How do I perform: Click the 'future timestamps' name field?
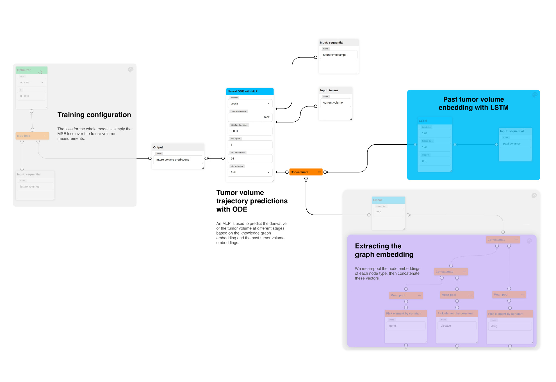338,55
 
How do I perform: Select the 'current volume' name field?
335,103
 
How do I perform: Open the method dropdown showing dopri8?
250,104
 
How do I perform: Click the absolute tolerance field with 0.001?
250,131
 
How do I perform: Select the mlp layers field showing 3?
250,145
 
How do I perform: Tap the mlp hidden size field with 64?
250,159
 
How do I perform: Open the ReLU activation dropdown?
250,172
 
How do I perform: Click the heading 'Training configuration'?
94,115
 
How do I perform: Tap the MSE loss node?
29,136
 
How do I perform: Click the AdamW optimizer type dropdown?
31,83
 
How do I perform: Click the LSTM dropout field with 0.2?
434,161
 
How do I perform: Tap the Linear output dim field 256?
388,212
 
